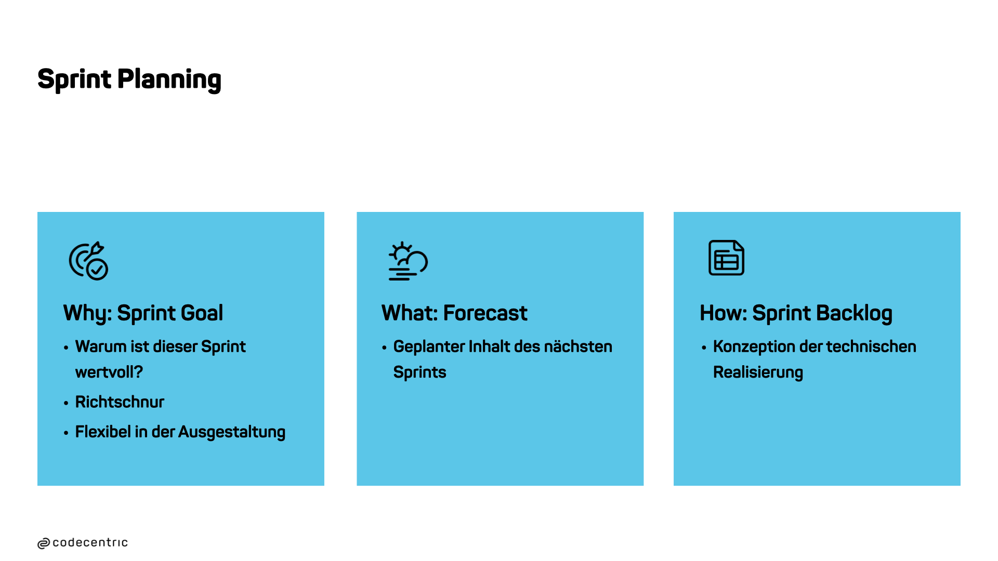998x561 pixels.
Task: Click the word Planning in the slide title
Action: tap(169, 79)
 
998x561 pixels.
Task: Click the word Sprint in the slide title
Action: tap(74, 79)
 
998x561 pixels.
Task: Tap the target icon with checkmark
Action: tap(88, 261)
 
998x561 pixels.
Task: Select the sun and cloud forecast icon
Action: tap(408, 261)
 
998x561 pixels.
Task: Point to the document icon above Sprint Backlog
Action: tap(726, 258)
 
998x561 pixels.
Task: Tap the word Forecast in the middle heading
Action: tap(485, 313)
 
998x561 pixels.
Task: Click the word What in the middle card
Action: tap(411, 313)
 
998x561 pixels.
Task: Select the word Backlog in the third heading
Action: tap(854, 313)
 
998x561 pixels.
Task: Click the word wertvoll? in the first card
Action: tap(109, 372)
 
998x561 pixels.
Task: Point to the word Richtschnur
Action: tap(120, 402)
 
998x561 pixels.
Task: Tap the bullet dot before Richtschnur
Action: tap(66, 403)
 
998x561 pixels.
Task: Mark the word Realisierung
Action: tap(758, 372)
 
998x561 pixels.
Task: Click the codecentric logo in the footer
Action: tap(83, 543)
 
